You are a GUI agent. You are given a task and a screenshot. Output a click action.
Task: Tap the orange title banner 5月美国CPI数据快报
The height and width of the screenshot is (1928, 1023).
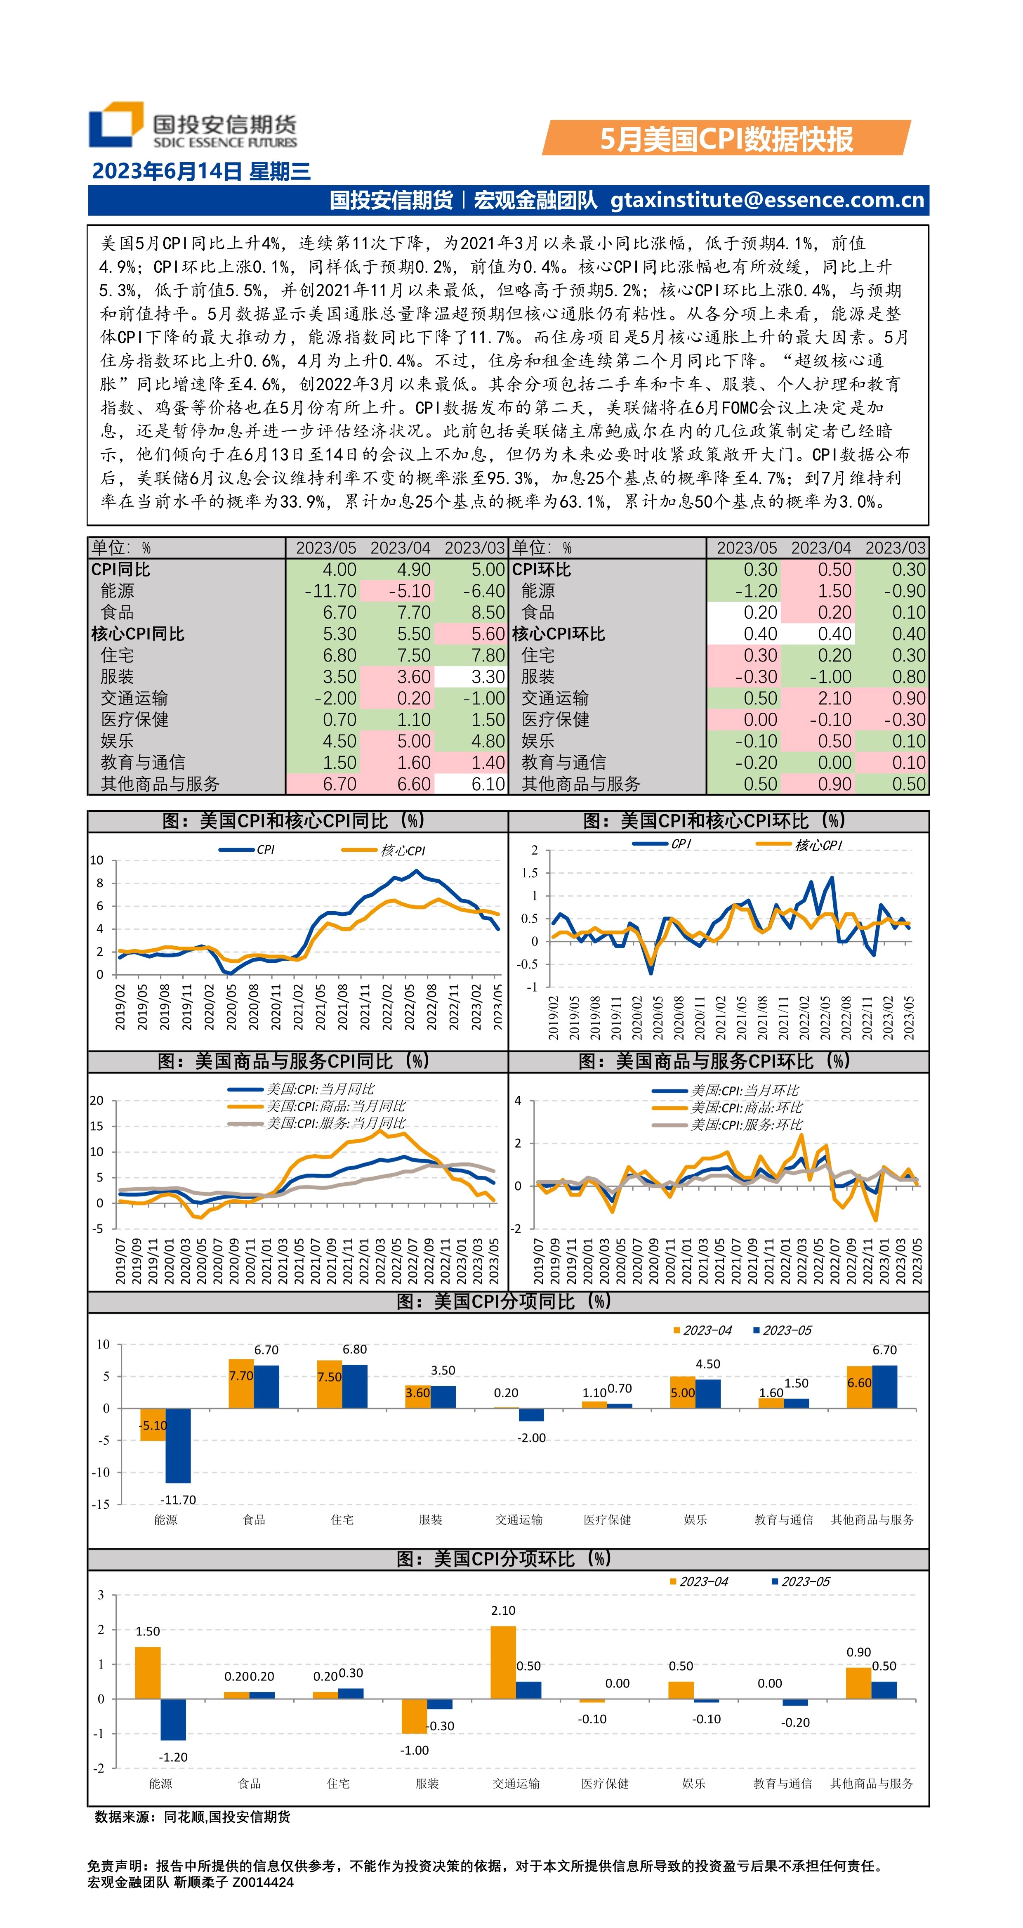click(726, 139)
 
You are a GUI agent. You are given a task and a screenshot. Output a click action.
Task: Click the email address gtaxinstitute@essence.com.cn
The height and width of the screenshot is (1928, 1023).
click(767, 200)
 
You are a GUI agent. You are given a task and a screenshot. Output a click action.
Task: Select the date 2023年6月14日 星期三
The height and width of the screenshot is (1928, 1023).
click(200, 171)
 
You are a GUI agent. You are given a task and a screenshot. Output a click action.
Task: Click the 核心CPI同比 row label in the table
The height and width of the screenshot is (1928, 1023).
click(138, 634)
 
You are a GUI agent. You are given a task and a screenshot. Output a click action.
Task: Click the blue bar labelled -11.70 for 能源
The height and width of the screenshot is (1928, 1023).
click(178, 1445)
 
